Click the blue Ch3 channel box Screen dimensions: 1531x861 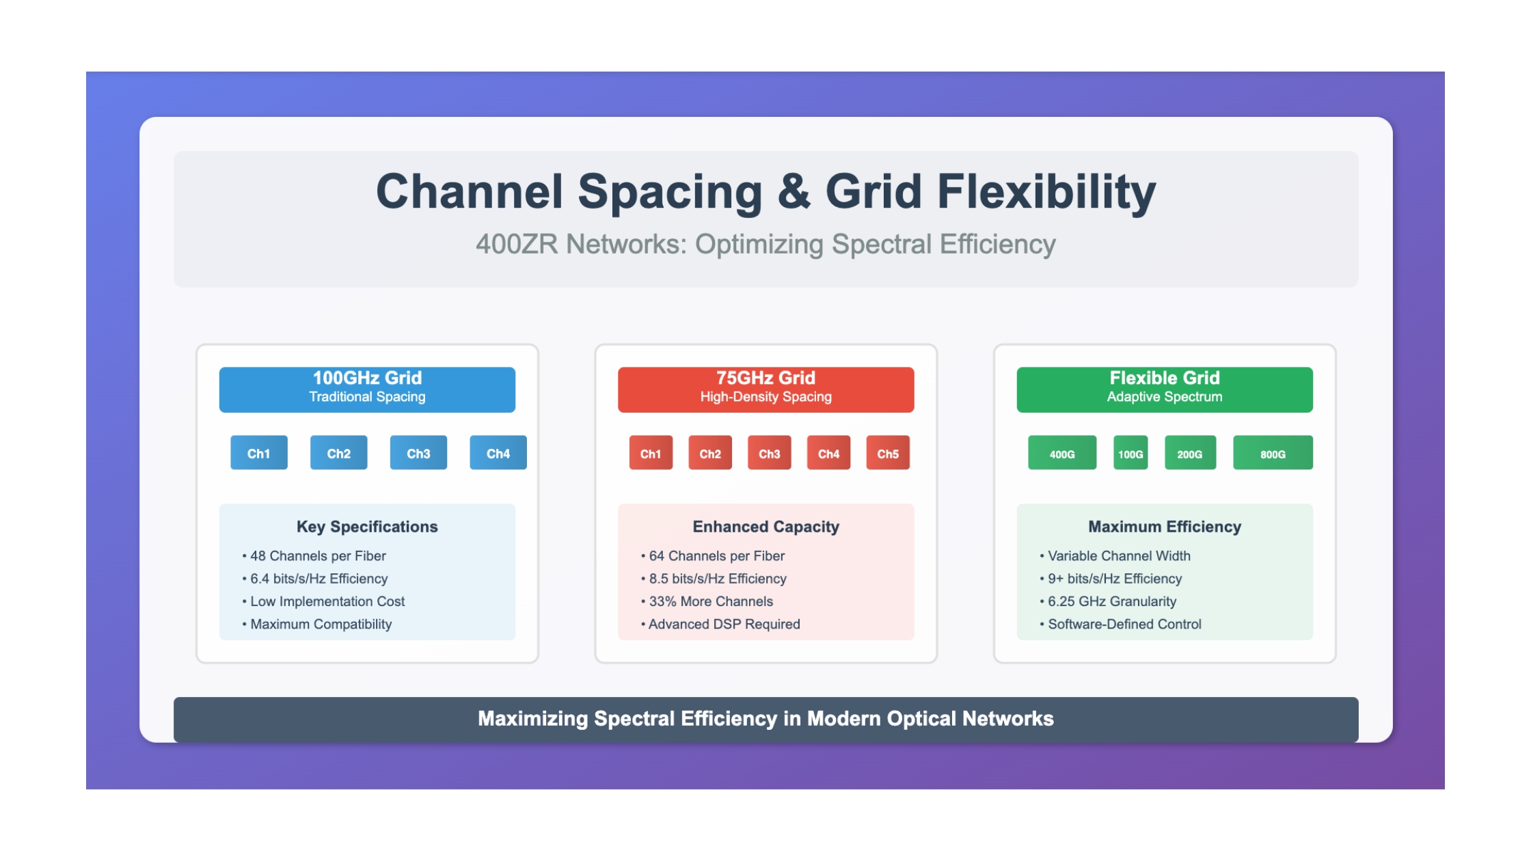point(418,452)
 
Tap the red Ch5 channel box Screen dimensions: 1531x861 point(888,452)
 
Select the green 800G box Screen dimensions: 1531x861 point(1273,452)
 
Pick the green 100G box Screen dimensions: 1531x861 point(1130,452)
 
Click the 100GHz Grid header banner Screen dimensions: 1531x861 point(367,389)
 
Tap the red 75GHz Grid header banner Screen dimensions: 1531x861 point(765,389)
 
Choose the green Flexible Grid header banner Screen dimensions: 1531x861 point(1165,389)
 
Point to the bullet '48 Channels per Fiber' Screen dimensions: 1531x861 point(314,556)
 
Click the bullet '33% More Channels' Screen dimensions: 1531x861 point(707,601)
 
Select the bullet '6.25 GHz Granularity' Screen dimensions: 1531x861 point(1108,601)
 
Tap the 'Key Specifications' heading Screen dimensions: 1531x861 point(367,527)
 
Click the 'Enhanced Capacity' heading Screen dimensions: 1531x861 point(765,527)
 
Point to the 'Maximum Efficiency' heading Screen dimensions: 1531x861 point(1165,527)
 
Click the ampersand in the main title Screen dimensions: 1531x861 point(794,192)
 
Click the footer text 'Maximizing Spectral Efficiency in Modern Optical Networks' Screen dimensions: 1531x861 point(765,719)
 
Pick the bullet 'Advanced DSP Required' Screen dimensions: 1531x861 point(720,624)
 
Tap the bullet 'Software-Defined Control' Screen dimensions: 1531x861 point(1120,624)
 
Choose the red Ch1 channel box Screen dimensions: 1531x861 point(651,452)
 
